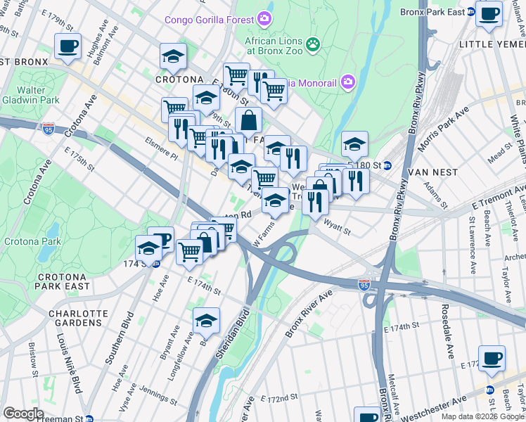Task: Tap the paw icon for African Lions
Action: coord(312,44)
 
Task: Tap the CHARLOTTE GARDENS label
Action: coord(78,318)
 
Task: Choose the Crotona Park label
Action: coord(39,241)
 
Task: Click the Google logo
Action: coord(23,413)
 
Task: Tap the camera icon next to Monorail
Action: coord(347,83)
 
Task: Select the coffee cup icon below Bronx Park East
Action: coord(489,13)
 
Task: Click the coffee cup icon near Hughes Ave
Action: coord(68,46)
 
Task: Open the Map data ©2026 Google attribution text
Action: coord(482,416)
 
